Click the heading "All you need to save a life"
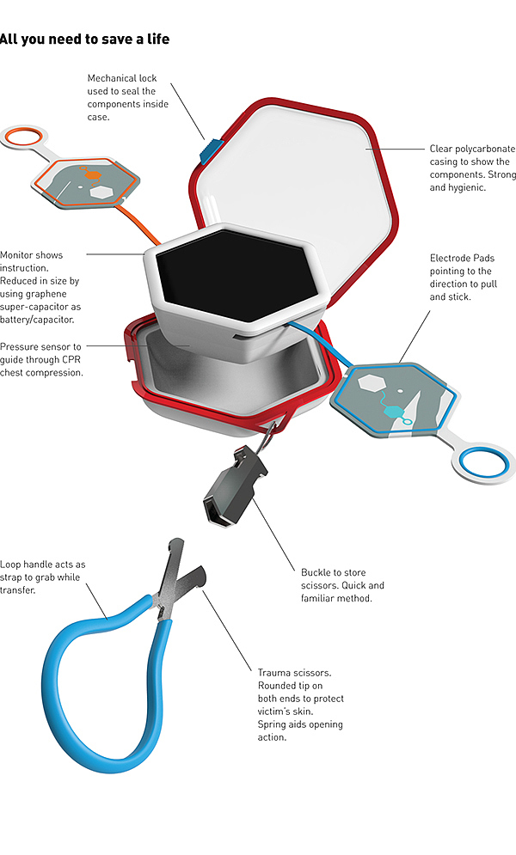click(x=84, y=39)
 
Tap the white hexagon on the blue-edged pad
click(x=375, y=383)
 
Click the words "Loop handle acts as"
click(x=43, y=565)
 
